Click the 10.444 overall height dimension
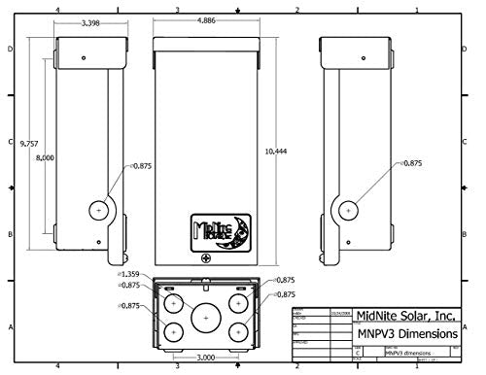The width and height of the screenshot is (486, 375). tap(276, 152)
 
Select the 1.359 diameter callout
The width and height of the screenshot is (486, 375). tap(129, 276)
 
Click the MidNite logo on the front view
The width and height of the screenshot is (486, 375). tap(223, 229)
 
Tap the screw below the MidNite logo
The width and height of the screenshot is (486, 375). tap(205, 258)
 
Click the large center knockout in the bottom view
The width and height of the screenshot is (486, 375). tap(205, 317)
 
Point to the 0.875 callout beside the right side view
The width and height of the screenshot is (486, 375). tap(411, 164)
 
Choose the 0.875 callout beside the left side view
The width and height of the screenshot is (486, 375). tap(142, 166)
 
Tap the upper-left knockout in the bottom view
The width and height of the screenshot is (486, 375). tap(172, 302)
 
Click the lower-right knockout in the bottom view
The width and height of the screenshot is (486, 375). tap(238, 331)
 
